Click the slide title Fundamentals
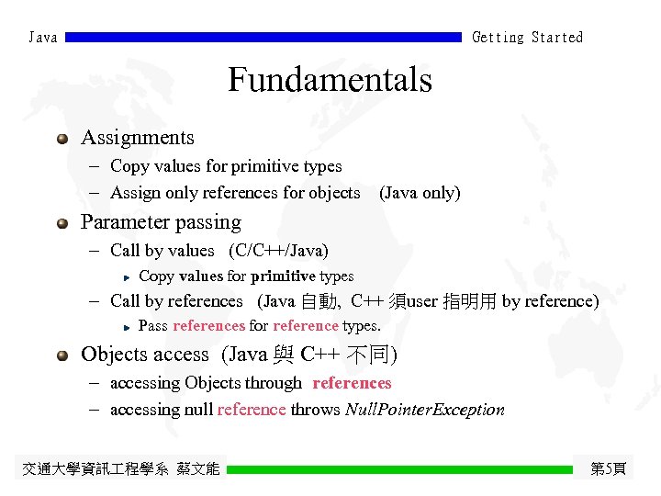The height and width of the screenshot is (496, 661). coord(330,80)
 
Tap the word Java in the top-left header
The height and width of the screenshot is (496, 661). coord(43,38)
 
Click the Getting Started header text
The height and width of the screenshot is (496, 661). coord(527,38)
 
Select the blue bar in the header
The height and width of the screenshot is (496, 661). coord(263,38)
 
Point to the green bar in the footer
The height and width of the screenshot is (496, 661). coord(399,469)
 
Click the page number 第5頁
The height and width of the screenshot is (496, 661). coord(608,469)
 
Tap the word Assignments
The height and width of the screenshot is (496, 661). coord(138,138)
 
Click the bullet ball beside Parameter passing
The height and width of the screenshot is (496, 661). coord(62,223)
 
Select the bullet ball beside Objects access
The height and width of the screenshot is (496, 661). coord(62,355)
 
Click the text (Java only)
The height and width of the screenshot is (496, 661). coord(420,193)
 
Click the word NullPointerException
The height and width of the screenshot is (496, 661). coord(424,410)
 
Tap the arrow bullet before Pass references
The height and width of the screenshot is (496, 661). coord(128,326)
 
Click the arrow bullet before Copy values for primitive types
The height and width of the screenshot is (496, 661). coord(128,276)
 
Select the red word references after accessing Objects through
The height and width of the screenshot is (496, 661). coord(352,383)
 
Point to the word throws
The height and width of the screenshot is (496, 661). coord(315,410)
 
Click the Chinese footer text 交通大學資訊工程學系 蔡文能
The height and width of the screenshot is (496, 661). coord(121,469)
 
